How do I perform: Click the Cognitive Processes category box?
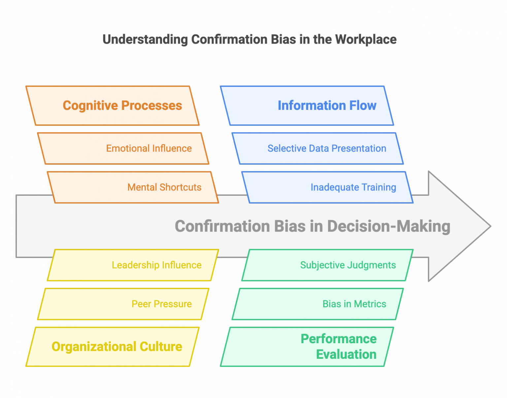click(x=112, y=106)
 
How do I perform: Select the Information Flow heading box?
click(x=307, y=106)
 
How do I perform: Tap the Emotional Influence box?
click(x=123, y=149)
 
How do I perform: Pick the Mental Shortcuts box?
click(x=133, y=187)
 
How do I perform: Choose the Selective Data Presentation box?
click(x=318, y=149)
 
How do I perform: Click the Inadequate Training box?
click(x=327, y=187)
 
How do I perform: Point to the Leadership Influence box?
click(x=133, y=265)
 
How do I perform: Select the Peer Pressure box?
click(x=123, y=304)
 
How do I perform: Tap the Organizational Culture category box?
click(x=112, y=347)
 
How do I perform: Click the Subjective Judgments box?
click(x=327, y=265)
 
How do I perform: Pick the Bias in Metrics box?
click(x=318, y=304)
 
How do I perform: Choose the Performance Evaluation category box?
click(x=307, y=347)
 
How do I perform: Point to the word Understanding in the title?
click(x=145, y=40)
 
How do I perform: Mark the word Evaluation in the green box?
click(x=346, y=354)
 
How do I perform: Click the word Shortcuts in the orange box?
click(x=181, y=187)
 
